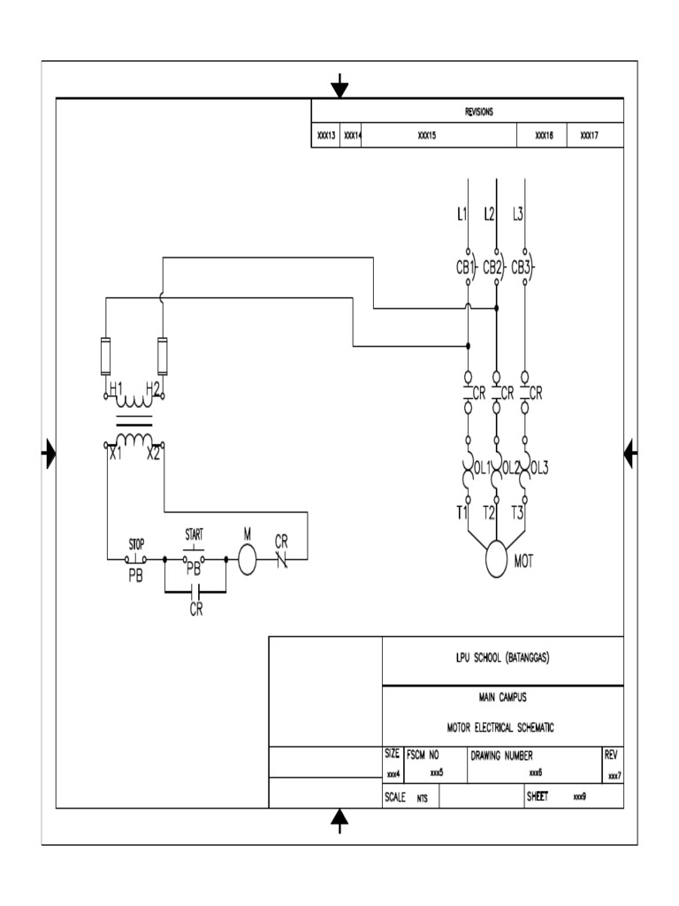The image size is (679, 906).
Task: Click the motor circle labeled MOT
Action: point(496,557)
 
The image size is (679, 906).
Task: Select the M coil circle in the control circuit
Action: point(247,559)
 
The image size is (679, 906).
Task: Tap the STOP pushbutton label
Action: point(135,543)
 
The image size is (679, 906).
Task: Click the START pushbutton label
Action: point(194,534)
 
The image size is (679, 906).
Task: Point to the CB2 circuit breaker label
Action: point(492,267)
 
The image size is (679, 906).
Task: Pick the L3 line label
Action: point(518,213)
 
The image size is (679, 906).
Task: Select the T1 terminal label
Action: point(462,512)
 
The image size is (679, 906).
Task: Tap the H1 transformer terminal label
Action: point(116,388)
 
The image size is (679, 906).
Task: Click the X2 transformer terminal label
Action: point(153,454)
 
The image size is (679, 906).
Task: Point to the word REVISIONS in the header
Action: point(478,112)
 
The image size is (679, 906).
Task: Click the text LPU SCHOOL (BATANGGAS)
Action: point(502,658)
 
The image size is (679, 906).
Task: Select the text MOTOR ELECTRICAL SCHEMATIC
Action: point(502,726)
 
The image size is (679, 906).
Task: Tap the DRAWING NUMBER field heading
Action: point(500,756)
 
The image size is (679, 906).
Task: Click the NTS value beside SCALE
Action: point(423,797)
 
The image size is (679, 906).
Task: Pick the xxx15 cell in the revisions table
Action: point(427,136)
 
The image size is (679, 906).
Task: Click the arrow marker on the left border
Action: point(50,455)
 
